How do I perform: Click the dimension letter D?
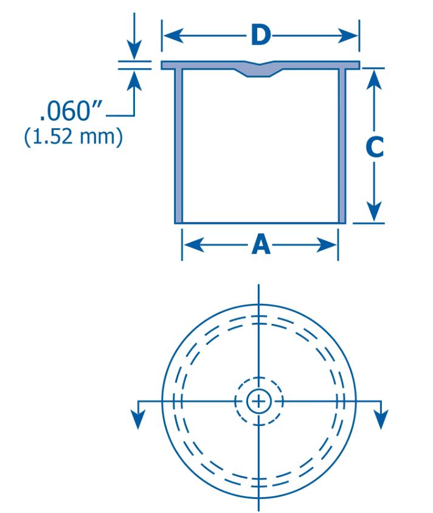(261, 35)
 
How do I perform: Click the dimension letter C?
(375, 147)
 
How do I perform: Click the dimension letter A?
(261, 245)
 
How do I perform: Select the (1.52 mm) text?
(74, 136)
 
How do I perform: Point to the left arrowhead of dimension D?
(173, 35)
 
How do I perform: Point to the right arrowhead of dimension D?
(348, 35)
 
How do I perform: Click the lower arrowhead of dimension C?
(374, 212)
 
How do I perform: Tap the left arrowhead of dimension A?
(194, 245)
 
